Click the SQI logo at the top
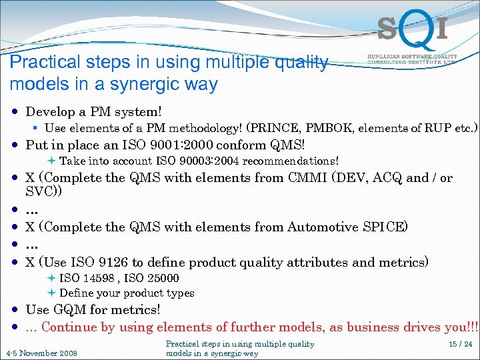[411, 29]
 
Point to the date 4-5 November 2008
[41, 353]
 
